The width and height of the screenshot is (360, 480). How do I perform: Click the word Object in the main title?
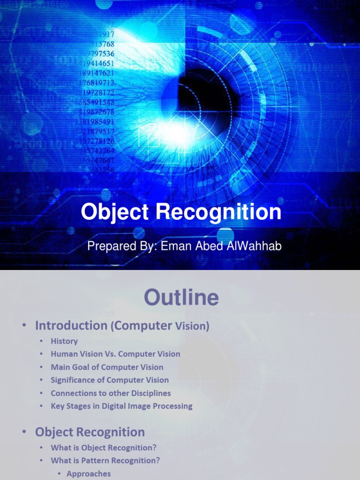[x=115, y=212]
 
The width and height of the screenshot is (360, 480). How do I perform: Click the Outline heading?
[x=181, y=298]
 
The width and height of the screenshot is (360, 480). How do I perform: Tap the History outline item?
[x=64, y=341]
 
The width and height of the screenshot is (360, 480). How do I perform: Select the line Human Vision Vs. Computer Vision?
[x=115, y=354]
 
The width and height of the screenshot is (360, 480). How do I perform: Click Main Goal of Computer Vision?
[x=107, y=367]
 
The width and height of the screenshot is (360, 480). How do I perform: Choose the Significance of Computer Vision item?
[x=110, y=380]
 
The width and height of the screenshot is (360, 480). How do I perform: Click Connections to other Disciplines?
[x=111, y=393]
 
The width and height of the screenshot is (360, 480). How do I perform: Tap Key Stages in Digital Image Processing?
[x=121, y=406]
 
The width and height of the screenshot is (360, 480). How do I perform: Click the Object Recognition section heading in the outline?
[x=90, y=432]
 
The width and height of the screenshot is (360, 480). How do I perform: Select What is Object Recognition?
[x=104, y=448]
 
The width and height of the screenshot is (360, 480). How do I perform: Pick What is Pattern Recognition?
[x=105, y=460]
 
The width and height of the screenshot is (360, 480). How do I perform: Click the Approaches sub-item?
[x=89, y=473]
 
